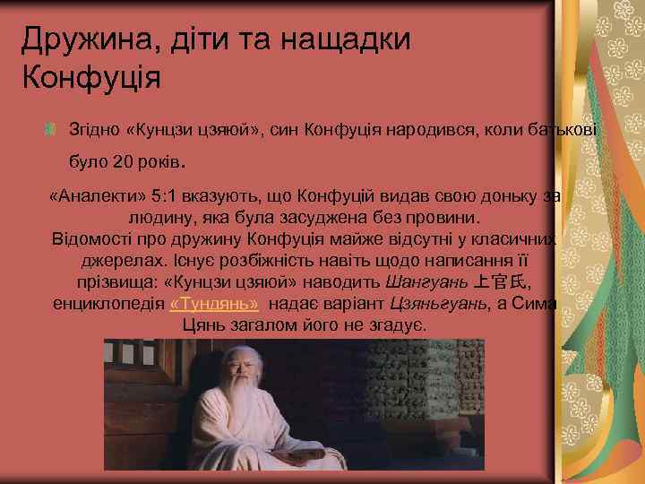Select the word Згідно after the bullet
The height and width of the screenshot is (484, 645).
[95, 131]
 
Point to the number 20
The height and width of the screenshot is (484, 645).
[124, 163]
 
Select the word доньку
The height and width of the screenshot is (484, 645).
[496, 196]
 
